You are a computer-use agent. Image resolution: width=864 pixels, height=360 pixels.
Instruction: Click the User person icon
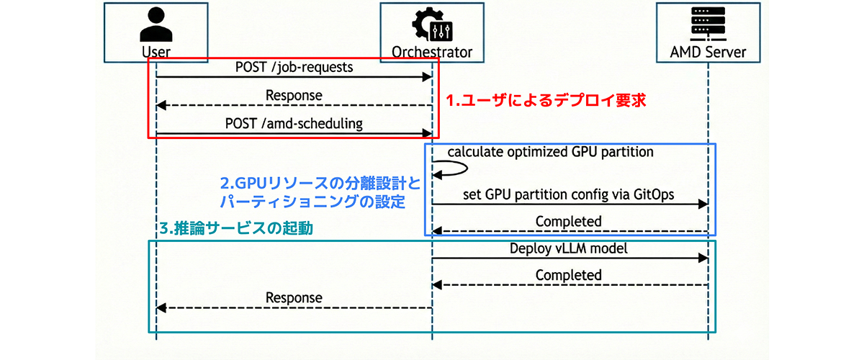(x=156, y=25)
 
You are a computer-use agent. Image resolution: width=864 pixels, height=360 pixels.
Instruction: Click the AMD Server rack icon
(x=708, y=24)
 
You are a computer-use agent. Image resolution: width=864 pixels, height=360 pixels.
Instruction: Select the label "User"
(x=156, y=52)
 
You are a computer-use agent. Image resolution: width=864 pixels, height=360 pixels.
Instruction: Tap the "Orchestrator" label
(x=432, y=52)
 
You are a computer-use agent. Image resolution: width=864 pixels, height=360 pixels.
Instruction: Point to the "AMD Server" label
(x=708, y=52)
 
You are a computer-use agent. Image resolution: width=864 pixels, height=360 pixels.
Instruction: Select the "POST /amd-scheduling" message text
(x=294, y=123)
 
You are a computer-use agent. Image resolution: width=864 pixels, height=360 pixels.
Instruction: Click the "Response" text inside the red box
(x=294, y=95)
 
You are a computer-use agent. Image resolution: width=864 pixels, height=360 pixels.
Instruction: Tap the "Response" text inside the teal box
(x=294, y=297)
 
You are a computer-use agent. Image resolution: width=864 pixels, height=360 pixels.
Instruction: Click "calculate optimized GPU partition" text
(x=551, y=152)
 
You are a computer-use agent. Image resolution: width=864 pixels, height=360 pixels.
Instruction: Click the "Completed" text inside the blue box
(x=569, y=221)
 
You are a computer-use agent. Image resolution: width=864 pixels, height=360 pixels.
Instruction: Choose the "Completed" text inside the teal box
(x=569, y=275)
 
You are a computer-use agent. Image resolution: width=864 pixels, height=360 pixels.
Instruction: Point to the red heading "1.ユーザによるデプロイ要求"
(x=546, y=102)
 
